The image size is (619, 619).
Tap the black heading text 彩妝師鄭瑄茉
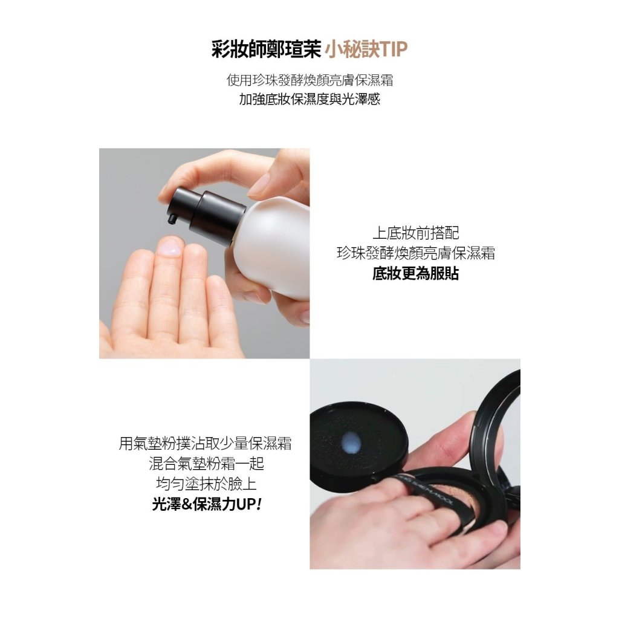tap(266, 50)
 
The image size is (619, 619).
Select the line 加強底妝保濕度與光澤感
tap(309, 99)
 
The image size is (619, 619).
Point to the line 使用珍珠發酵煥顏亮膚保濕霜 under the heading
tap(309, 80)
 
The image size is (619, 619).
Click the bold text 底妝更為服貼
tap(415, 273)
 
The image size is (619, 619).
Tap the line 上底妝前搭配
tap(416, 233)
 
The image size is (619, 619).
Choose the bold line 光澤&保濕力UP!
tap(207, 504)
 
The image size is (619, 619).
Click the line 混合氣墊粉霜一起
tap(207, 464)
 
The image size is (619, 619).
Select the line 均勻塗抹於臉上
tap(207, 484)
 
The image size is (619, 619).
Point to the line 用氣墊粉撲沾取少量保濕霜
tap(206, 443)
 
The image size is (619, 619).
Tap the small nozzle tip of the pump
tap(172, 219)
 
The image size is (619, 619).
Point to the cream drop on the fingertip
tap(170, 247)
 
